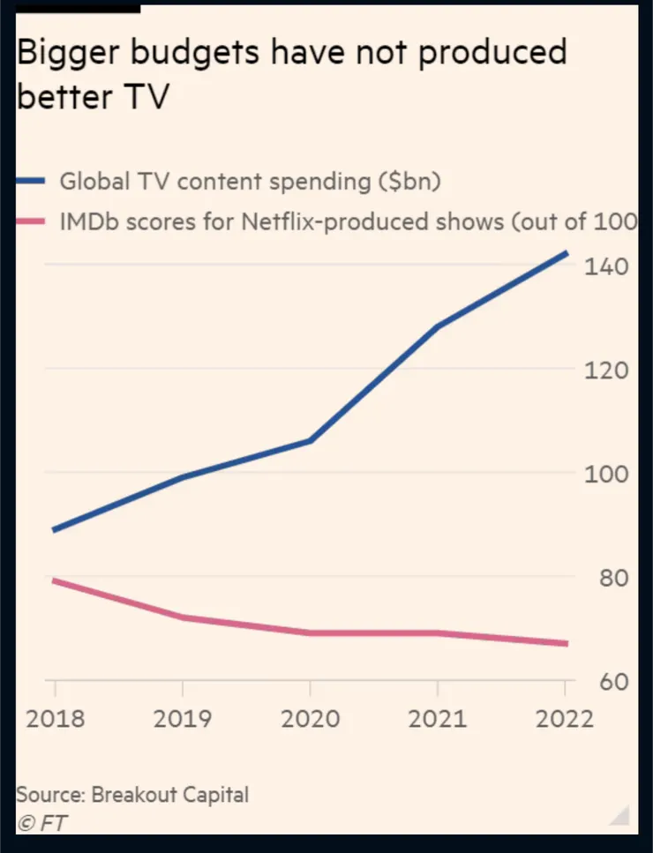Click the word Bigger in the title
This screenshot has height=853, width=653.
pyautogui.click(x=69, y=55)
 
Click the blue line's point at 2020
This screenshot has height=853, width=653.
pyautogui.click(x=311, y=440)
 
